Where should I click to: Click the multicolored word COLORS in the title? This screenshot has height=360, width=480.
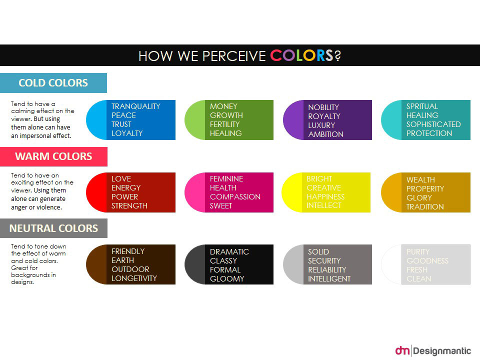click(x=301, y=55)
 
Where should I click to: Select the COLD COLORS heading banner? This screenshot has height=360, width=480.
click(x=53, y=83)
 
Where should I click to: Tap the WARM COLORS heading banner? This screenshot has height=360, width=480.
click(x=53, y=156)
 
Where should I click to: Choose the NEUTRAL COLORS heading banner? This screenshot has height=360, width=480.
click(x=53, y=228)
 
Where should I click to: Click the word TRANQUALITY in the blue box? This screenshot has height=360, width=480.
click(x=135, y=106)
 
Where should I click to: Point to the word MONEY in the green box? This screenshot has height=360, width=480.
click(x=223, y=106)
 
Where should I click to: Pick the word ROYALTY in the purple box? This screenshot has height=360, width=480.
click(x=324, y=116)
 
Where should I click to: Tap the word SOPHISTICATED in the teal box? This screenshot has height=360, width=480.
click(x=433, y=124)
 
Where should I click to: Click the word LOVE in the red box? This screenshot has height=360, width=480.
click(x=121, y=178)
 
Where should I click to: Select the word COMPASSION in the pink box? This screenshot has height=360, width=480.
click(x=235, y=196)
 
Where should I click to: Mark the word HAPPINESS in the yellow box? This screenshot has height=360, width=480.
click(x=325, y=196)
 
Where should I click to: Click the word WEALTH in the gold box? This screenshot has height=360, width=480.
click(x=420, y=179)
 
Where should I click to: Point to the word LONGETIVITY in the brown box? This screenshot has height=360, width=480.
click(x=134, y=278)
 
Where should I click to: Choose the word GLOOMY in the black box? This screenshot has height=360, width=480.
click(x=227, y=278)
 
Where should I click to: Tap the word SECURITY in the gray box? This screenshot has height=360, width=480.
click(x=324, y=260)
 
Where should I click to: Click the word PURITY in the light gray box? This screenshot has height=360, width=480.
click(x=418, y=251)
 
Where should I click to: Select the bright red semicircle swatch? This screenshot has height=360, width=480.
click(x=96, y=192)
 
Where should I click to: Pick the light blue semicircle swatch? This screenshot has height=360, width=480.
click(x=96, y=120)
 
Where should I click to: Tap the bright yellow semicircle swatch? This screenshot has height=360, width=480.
click(x=292, y=192)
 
